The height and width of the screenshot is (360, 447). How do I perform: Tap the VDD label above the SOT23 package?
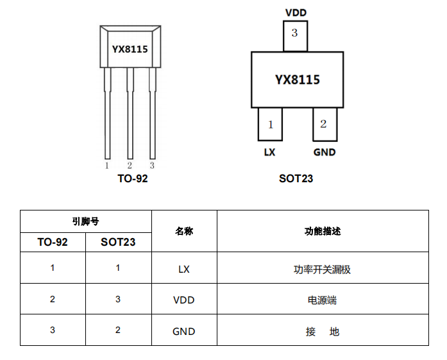click(x=295, y=12)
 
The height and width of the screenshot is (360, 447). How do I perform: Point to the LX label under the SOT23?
click(x=270, y=153)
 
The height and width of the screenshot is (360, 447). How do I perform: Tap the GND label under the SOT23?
click(x=324, y=153)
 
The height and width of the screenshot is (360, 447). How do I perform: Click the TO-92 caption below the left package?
click(x=133, y=178)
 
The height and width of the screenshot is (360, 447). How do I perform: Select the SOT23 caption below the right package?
click(x=296, y=178)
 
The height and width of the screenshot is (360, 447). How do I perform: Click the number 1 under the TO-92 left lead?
click(x=106, y=166)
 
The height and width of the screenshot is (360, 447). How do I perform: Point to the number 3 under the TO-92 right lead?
click(x=152, y=166)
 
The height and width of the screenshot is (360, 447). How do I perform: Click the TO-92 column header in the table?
click(x=53, y=242)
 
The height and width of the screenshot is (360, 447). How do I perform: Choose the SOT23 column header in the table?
click(x=118, y=242)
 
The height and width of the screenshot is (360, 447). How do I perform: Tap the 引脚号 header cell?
click(x=85, y=222)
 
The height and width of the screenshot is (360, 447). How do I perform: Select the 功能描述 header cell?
click(x=323, y=231)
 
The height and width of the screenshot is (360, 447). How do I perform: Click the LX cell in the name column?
click(x=184, y=269)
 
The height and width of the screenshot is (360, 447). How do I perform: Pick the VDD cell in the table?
click(x=184, y=300)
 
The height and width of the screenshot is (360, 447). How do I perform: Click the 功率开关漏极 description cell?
click(x=323, y=270)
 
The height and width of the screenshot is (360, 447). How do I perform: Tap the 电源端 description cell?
click(x=323, y=300)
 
